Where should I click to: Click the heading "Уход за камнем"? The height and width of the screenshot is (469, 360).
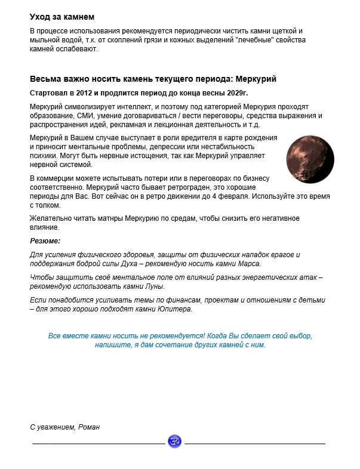[x=62, y=17]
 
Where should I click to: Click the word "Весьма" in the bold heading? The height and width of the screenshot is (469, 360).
[x=45, y=79]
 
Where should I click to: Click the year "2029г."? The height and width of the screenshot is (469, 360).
[x=235, y=93]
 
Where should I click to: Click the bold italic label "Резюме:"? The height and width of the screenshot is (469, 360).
[x=45, y=241]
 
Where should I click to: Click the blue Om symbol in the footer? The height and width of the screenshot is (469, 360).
[x=174, y=442]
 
